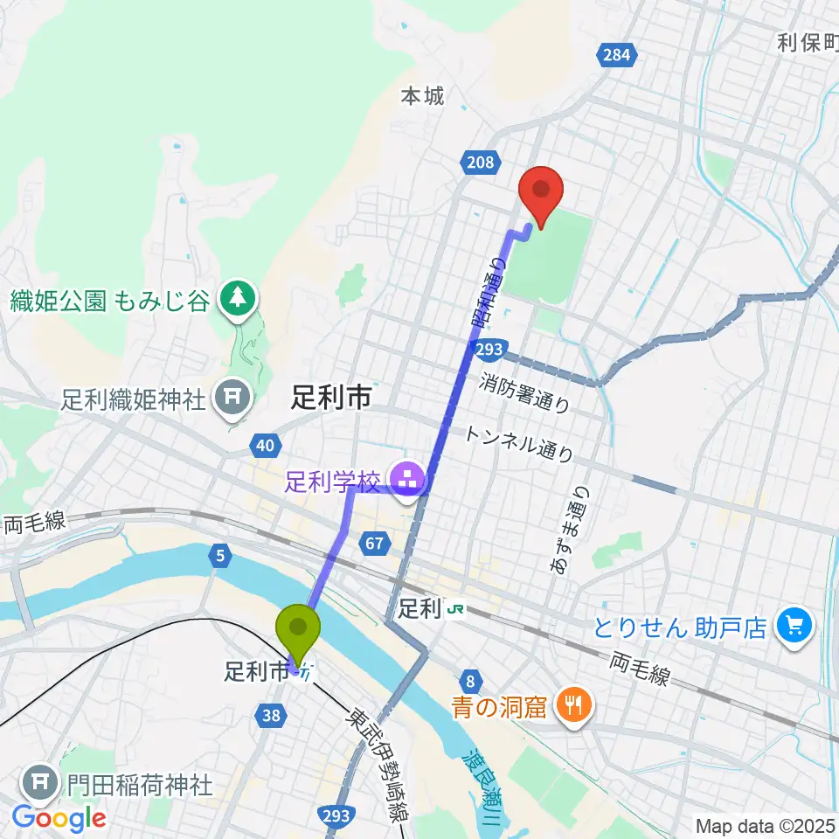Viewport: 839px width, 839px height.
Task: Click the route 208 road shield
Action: pyautogui.click(x=479, y=162)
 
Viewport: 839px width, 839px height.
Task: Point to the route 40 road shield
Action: pyautogui.click(x=264, y=447)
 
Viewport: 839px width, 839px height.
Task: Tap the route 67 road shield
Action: pyautogui.click(x=375, y=544)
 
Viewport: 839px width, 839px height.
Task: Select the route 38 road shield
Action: pyautogui.click(x=271, y=716)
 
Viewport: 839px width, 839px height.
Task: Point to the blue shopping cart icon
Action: pyautogui.click(x=794, y=625)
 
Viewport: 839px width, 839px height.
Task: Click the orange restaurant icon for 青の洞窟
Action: pyautogui.click(x=574, y=705)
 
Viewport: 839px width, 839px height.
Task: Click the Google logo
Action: pyautogui.click(x=59, y=817)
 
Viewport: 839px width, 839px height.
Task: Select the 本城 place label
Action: pyautogui.click(x=422, y=95)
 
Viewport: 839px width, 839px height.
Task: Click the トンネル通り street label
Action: pyautogui.click(x=519, y=444)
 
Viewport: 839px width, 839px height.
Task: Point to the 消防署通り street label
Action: pyautogui.click(x=525, y=392)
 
